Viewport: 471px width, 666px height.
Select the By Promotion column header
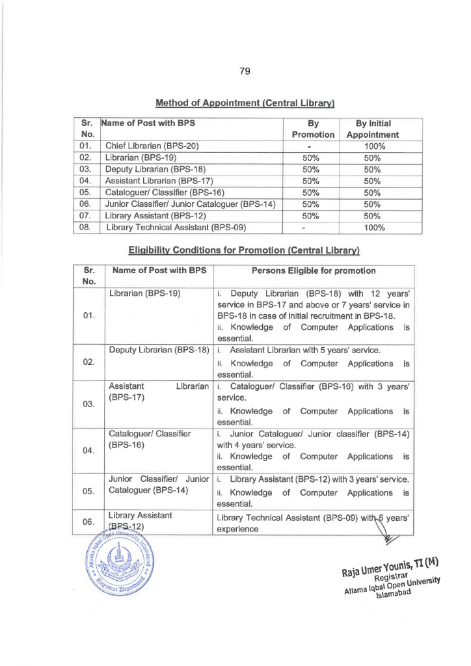[x=312, y=128]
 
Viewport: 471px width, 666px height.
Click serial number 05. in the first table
[x=84, y=193]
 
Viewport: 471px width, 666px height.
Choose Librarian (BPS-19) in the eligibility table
[x=144, y=293]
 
